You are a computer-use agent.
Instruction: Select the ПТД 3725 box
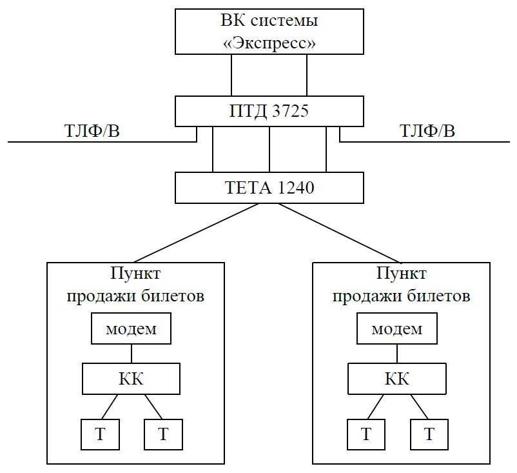click(x=269, y=111)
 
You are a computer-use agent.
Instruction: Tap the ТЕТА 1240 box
click(x=269, y=188)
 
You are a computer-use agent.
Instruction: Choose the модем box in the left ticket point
click(x=132, y=328)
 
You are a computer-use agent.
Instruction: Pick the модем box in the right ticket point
click(x=398, y=328)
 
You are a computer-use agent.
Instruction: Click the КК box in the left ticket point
click(x=131, y=378)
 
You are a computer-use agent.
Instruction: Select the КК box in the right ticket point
click(x=397, y=378)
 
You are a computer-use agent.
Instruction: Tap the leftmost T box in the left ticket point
click(x=100, y=434)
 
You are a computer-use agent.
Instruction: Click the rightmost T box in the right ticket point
click(x=429, y=434)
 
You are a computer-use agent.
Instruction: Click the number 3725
click(x=289, y=111)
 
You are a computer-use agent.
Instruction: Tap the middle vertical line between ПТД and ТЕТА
click(x=269, y=149)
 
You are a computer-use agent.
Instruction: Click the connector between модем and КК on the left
click(x=132, y=353)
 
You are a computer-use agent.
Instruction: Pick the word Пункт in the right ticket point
click(x=398, y=273)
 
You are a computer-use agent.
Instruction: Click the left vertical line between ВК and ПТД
click(x=231, y=75)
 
